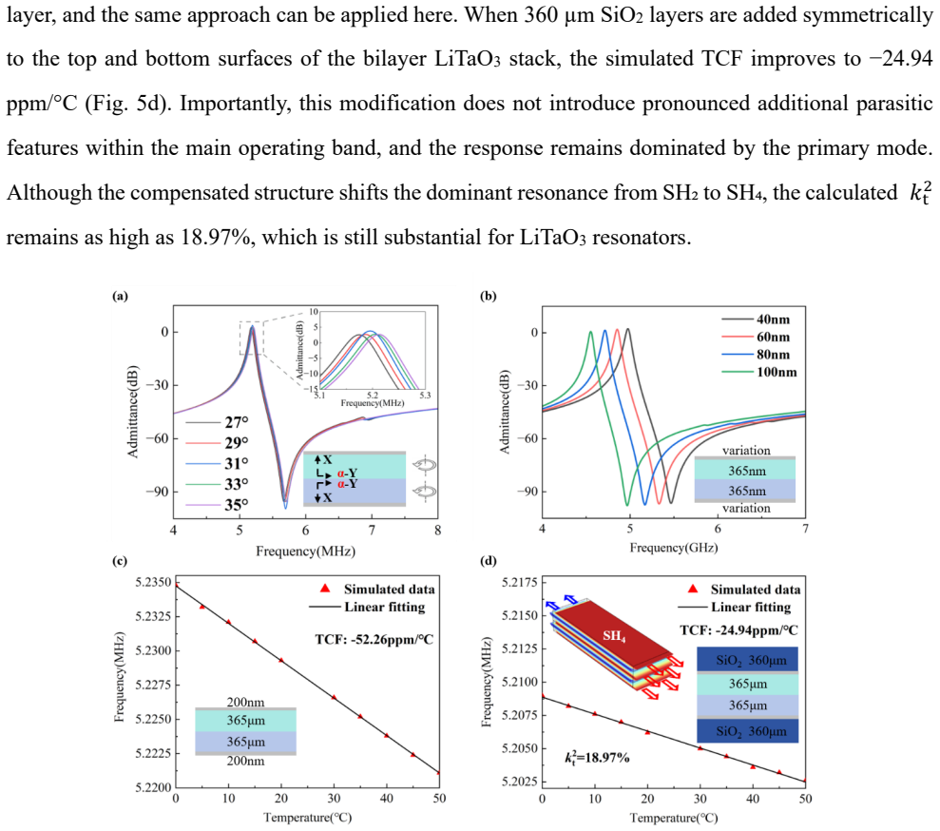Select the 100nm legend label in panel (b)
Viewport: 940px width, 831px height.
(777, 372)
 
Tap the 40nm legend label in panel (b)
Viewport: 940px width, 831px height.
(774, 319)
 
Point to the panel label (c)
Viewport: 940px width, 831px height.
(120, 561)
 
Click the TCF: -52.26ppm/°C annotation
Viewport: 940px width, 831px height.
(374, 640)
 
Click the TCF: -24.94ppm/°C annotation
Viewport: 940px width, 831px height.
(739, 630)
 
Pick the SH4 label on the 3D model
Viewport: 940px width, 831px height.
(615, 636)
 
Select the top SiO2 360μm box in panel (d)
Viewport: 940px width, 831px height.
(748, 660)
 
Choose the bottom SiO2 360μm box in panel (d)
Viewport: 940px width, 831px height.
(748, 731)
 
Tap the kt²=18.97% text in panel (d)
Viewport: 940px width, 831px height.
(597, 757)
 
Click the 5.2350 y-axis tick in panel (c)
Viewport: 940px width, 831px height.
(153, 582)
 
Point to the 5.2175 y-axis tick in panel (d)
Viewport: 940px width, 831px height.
(520, 582)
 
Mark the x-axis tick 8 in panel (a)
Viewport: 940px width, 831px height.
(437, 530)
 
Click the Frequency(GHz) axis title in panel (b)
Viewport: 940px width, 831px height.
(674, 548)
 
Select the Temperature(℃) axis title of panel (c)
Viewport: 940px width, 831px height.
(308, 817)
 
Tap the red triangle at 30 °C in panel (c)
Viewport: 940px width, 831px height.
(334, 697)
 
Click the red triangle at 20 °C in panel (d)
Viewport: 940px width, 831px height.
(647, 731)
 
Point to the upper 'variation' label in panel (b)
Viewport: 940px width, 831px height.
(746, 451)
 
